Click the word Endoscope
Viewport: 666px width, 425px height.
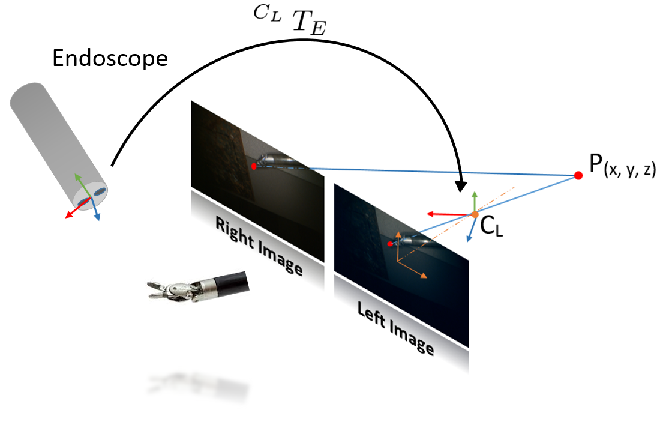pos(110,58)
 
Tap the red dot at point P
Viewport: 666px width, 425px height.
pos(578,176)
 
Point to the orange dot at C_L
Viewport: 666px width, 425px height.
pos(474,214)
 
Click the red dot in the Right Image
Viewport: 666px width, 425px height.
pos(254,166)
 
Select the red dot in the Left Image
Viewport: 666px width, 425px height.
pos(390,244)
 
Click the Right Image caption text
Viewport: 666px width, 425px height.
pos(259,246)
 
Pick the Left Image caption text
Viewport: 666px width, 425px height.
pos(395,328)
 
